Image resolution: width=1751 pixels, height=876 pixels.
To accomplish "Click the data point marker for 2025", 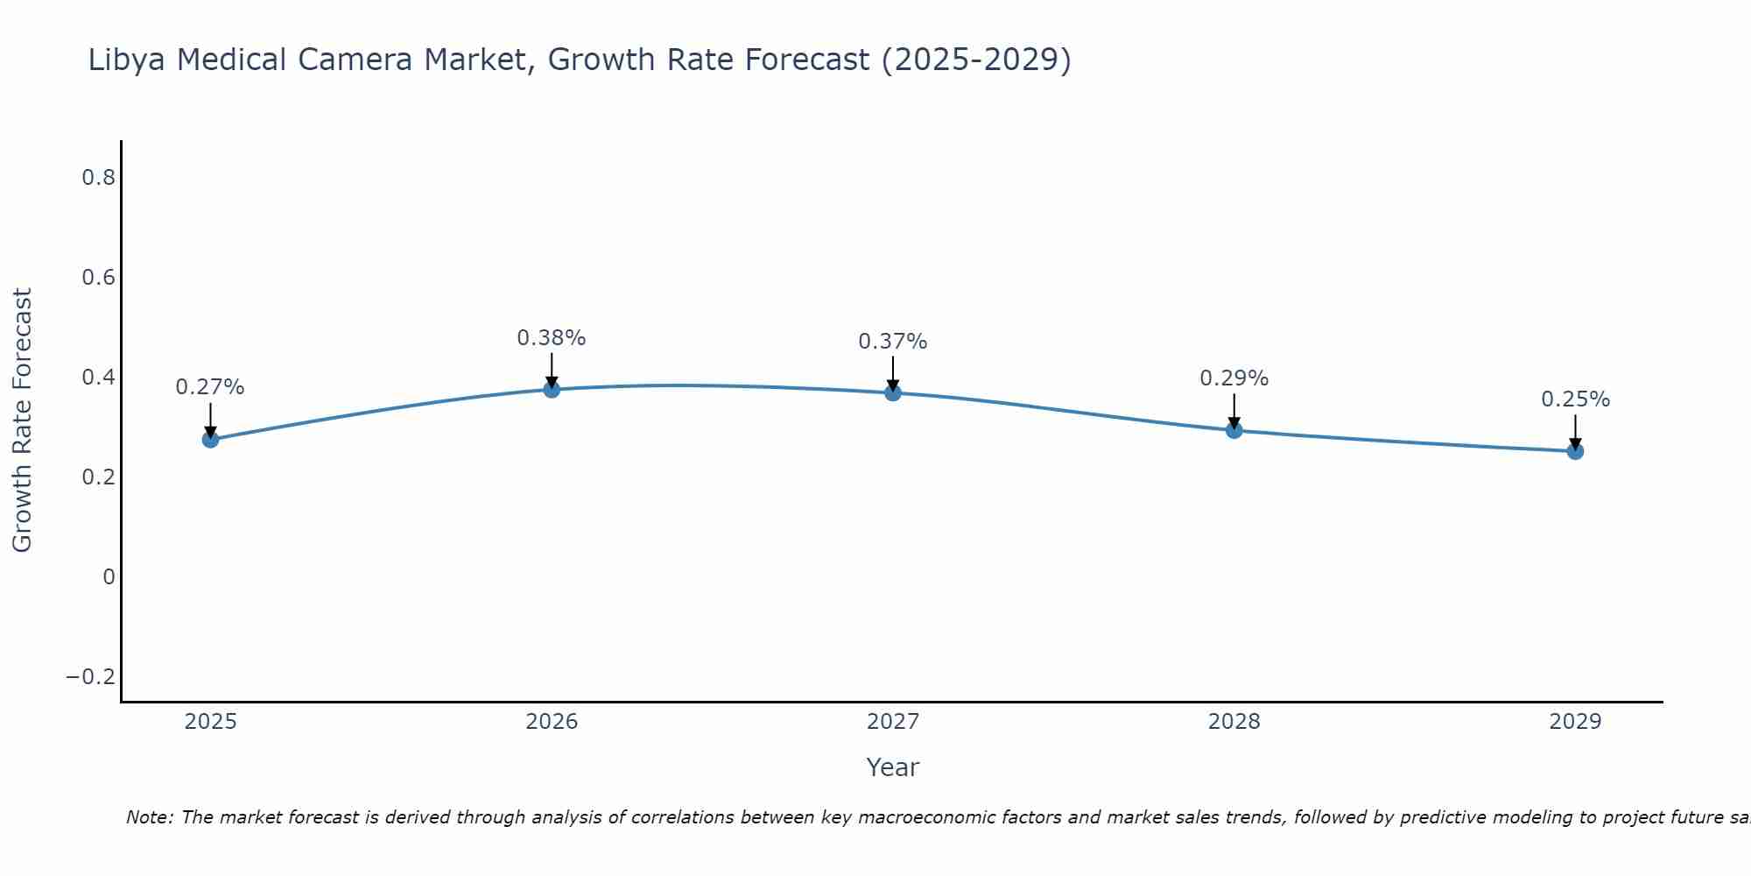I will point(210,439).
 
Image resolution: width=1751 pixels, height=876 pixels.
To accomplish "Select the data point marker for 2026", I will point(552,389).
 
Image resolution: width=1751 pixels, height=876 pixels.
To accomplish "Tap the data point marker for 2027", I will point(893,392).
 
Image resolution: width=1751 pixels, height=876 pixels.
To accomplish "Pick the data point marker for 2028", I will point(1234,430).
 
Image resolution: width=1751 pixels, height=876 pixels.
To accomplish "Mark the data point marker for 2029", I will point(1575,451).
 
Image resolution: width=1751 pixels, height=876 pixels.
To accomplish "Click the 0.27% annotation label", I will point(210,387).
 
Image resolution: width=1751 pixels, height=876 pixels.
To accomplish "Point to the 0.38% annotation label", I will point(552,338).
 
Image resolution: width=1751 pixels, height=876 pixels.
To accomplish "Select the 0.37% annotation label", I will point(893,342).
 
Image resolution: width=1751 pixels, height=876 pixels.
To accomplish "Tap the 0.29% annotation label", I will point(1234,378).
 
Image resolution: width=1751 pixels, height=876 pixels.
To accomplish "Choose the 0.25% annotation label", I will point(1575,399).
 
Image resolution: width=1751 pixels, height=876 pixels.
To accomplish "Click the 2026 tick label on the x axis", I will point(552,722).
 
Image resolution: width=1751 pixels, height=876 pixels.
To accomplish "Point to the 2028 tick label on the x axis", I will point(1234,722).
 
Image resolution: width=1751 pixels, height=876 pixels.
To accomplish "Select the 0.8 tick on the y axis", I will point(98,178).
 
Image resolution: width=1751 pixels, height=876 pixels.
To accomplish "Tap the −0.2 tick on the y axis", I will point(91,677).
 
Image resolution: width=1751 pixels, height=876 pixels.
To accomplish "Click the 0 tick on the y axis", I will point(109,577).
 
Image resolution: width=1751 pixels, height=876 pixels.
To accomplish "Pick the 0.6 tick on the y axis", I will point(98,278).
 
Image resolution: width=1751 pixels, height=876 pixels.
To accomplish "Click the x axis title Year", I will point(892,768).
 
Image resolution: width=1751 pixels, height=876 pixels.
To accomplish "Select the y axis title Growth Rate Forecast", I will point(22,420).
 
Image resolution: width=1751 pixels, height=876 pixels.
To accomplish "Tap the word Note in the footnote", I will point(149,818).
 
